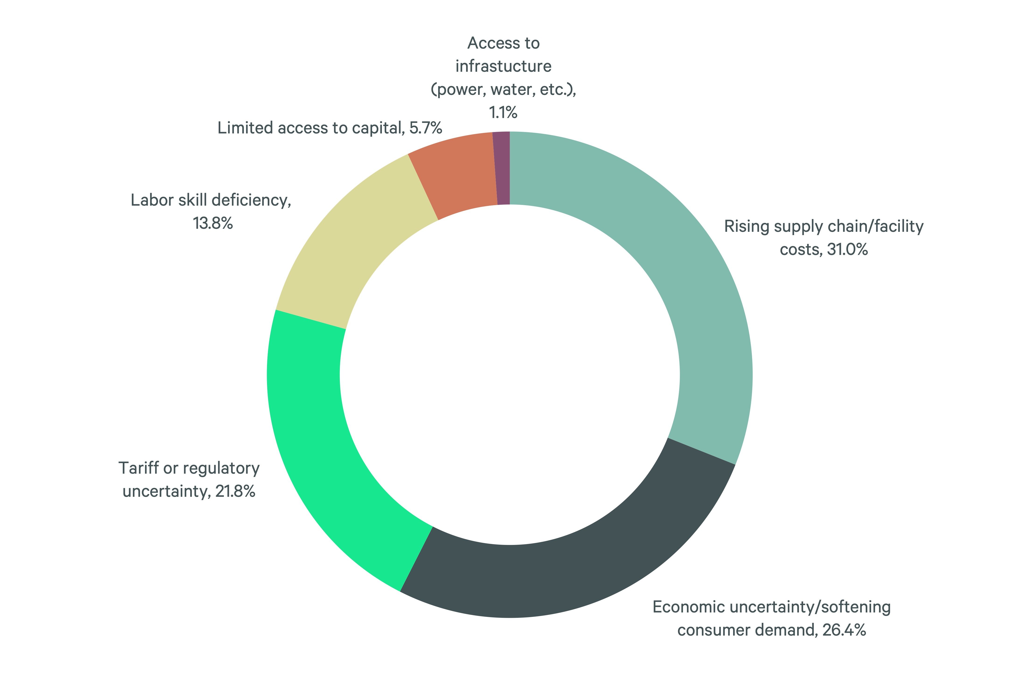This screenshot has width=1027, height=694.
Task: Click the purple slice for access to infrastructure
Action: (503, 168)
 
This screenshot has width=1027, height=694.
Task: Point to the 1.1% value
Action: (503, 113)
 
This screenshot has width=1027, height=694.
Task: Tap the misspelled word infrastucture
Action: (503, 66)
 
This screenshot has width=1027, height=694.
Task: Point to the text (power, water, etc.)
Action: (503, 90)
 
